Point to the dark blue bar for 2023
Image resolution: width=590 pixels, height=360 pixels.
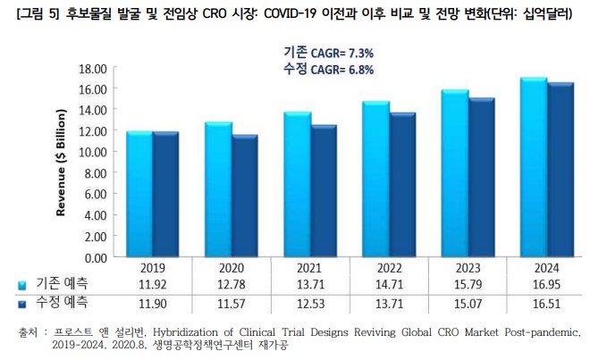pyautogui.click(x=481, y=178)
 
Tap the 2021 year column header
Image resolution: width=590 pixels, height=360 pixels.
pyautogui.click(x=309, y=266)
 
